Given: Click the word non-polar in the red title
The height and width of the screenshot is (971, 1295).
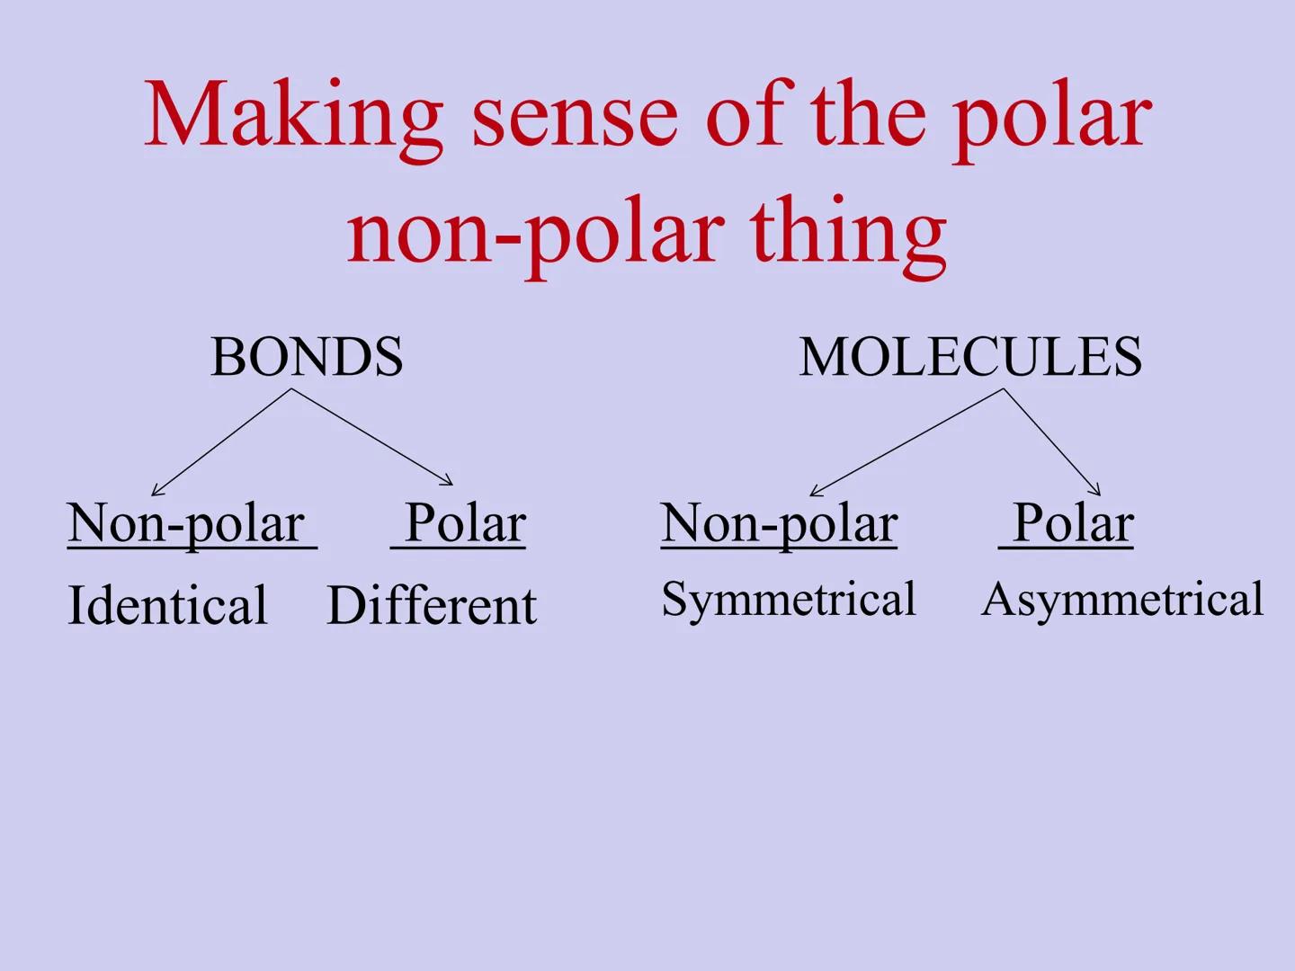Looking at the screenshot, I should (536, 234).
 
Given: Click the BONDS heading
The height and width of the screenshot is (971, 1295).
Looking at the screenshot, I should (307, 357).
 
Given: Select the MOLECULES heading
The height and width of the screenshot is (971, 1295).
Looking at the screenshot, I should (970, 357).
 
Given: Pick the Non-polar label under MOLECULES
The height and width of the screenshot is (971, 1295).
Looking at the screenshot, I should (779, 523).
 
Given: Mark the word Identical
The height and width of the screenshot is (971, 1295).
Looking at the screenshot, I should (167, 605).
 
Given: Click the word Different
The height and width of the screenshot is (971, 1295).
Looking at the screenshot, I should (432, 605).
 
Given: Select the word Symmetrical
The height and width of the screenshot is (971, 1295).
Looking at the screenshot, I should (789, 600).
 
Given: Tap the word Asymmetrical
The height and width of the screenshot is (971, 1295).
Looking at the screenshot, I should (1122, 600).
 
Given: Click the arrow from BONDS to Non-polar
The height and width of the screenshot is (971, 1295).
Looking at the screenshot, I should (221, 441).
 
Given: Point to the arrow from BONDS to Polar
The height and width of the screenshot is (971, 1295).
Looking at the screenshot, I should (371, 437).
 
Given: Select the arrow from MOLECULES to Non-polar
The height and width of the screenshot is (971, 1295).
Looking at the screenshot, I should (906, 442).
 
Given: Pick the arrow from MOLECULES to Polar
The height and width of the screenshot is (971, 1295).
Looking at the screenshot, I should (1051, 441).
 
